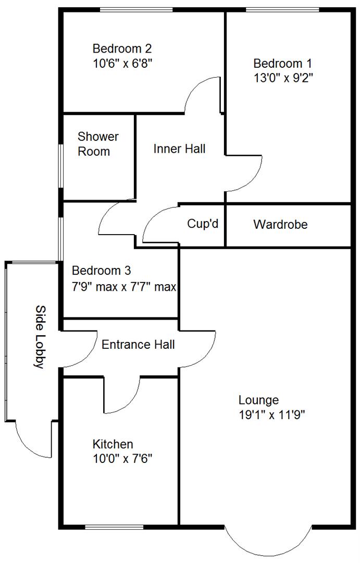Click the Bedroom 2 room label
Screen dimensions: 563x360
click(122, 49)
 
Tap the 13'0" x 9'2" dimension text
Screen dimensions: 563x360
click(283, 78)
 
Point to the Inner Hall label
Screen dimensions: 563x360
click(179, 149)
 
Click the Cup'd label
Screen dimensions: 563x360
click(202, 224)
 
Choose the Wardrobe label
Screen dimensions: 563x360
click(280, 225)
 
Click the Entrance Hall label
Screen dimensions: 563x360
click(138, 345)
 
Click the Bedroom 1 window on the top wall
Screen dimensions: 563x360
click(282, 9)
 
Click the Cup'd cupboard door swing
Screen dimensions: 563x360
click(159, 224)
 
